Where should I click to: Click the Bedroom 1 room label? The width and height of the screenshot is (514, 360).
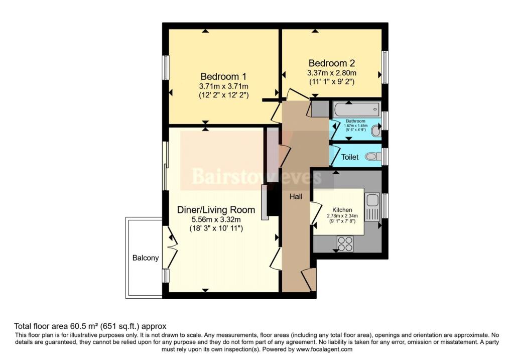(x=223, y=77)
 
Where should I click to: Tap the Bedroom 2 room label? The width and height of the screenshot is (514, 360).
(x=332, y=63)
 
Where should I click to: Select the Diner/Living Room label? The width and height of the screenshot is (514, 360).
(x=216, y=210)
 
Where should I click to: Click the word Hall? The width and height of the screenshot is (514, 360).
(x=296, y=197)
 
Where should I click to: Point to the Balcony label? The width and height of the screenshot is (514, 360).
(x=146, y=258)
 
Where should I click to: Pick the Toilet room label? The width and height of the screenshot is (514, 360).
(x=350, y=157)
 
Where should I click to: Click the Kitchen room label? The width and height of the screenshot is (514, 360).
(x=342, y=209)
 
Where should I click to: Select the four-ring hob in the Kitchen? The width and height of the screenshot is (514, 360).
(x=345, y=244)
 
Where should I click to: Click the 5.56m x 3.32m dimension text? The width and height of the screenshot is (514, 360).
(x=216, y=219)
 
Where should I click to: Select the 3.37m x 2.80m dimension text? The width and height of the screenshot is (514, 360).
(x=332, y=73)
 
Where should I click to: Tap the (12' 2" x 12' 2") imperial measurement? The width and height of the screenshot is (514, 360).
(x=223, y=94)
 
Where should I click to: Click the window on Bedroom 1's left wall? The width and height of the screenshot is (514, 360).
(x=165, y=67)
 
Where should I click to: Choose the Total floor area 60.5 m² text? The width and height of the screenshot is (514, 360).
(x=90, y=326)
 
